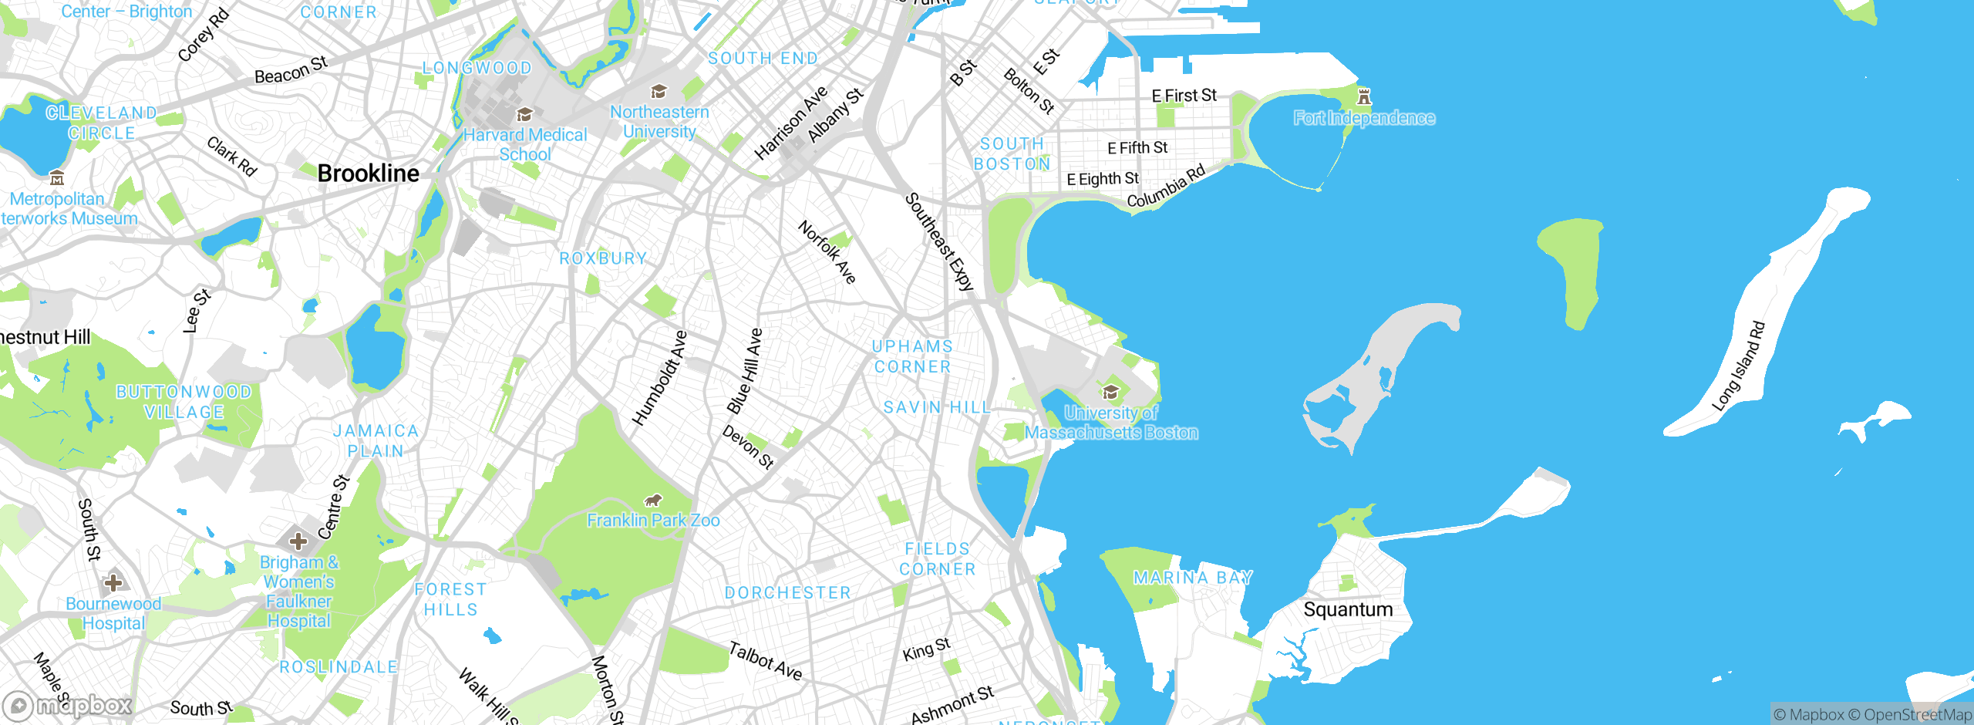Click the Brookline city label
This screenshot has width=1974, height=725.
tap(369, 174)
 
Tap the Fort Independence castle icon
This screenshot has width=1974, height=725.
tap(1364, 97)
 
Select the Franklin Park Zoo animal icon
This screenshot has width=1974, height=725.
tap(653, 501)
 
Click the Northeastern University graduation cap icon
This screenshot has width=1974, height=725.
tap(659, 92)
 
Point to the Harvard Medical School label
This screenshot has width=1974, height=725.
tap(525, 144)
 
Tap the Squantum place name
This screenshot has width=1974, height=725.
tap(1348, 609)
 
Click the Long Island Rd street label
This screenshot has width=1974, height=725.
tap(1738, 366)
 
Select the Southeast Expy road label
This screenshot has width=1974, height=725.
tap(939, 242)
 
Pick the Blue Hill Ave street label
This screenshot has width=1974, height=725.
tap(745, 371)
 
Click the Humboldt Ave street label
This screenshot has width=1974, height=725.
tap(659, 379)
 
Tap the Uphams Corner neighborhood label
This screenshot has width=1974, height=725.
tap(913, 356)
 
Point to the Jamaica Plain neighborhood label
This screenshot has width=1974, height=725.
tap(376, 440)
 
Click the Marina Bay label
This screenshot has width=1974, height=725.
tap(1193, 578)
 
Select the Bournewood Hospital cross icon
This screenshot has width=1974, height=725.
tap(113, 582)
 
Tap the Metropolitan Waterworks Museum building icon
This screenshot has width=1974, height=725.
tap(57, 178)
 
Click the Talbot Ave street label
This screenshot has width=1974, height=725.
tap(766, 661)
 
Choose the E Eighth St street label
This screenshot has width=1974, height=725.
tap(1103, 179)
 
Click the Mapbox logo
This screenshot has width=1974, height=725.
tap(68, 705)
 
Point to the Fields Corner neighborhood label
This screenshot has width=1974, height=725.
tap(938, 558)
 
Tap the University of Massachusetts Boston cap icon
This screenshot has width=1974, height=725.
tap(1110, 392)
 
